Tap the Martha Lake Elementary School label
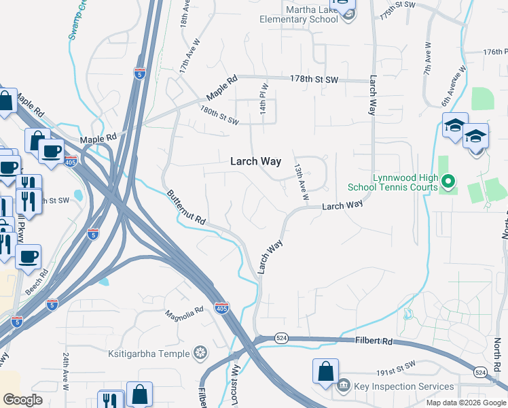pyautogui.click(x=299, y=14)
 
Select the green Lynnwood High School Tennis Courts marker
pyautogui.click(x=448, y=182)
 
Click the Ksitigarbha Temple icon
pyautogui.click(x=200, y=352)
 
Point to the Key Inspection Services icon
pyautogui.click(x=344, y=386)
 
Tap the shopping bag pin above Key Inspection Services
pyautogui.click(x=325, y=371)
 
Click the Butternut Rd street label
pyautogui.click(x=186, y=208)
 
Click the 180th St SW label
pyautogui.click(x=219, y=115)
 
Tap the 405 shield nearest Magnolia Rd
pyautogui.click(x=221, y=307)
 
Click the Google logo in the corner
pyautogui.click(x=23, y=400)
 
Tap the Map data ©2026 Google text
pyautogui.click(x=465, y=403)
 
